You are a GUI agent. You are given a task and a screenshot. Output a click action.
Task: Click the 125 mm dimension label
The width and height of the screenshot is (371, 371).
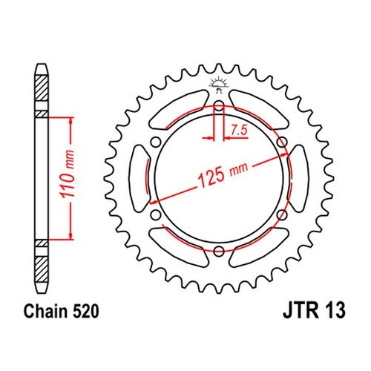click(x=223, y=175)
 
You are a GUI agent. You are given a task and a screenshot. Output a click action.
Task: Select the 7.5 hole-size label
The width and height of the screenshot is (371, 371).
click(x=239, y=131)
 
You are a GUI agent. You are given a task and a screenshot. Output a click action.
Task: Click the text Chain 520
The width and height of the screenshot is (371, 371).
click(x=62, y=311)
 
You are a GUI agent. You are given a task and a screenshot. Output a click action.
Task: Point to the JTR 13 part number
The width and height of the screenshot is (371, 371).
click(x=314, y=311)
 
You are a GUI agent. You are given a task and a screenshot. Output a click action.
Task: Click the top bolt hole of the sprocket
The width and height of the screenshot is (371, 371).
click(x=219, y=105)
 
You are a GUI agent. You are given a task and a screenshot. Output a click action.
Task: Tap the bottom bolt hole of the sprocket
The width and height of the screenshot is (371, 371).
click(x=219, y=252)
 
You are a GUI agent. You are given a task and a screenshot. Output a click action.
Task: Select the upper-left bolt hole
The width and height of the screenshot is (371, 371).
click(x=156, y=142)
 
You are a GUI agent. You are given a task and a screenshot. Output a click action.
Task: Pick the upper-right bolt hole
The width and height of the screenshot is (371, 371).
click(x=282, y=142)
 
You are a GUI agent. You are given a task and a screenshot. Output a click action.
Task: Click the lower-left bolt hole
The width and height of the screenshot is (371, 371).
click(x=156, y=215)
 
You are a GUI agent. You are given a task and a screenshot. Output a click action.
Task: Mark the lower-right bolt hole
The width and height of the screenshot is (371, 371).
click(x=282, y=215)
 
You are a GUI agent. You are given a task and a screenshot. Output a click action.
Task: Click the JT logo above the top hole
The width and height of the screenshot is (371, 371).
click(x=218, y=85)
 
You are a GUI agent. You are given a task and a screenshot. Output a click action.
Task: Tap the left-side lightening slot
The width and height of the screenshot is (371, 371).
click(x=139, y=179)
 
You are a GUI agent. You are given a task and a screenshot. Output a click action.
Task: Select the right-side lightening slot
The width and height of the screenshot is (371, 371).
click(x=299, y=179)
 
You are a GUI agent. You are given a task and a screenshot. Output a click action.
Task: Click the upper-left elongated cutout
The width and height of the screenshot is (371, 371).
click(x=179, y=110)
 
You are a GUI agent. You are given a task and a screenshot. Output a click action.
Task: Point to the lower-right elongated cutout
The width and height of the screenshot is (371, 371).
click(x=259, y=247)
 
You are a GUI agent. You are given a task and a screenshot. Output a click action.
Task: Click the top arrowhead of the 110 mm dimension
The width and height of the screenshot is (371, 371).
click(x=71, y=121)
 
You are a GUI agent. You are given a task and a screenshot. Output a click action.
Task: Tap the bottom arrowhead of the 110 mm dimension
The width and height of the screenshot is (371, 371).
click(x=71, y=236)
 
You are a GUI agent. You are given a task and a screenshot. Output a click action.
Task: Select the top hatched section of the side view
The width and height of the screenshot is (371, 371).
click(x=41, y=88)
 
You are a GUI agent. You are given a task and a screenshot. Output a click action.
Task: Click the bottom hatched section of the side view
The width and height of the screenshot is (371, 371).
click(x=41, y=269)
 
